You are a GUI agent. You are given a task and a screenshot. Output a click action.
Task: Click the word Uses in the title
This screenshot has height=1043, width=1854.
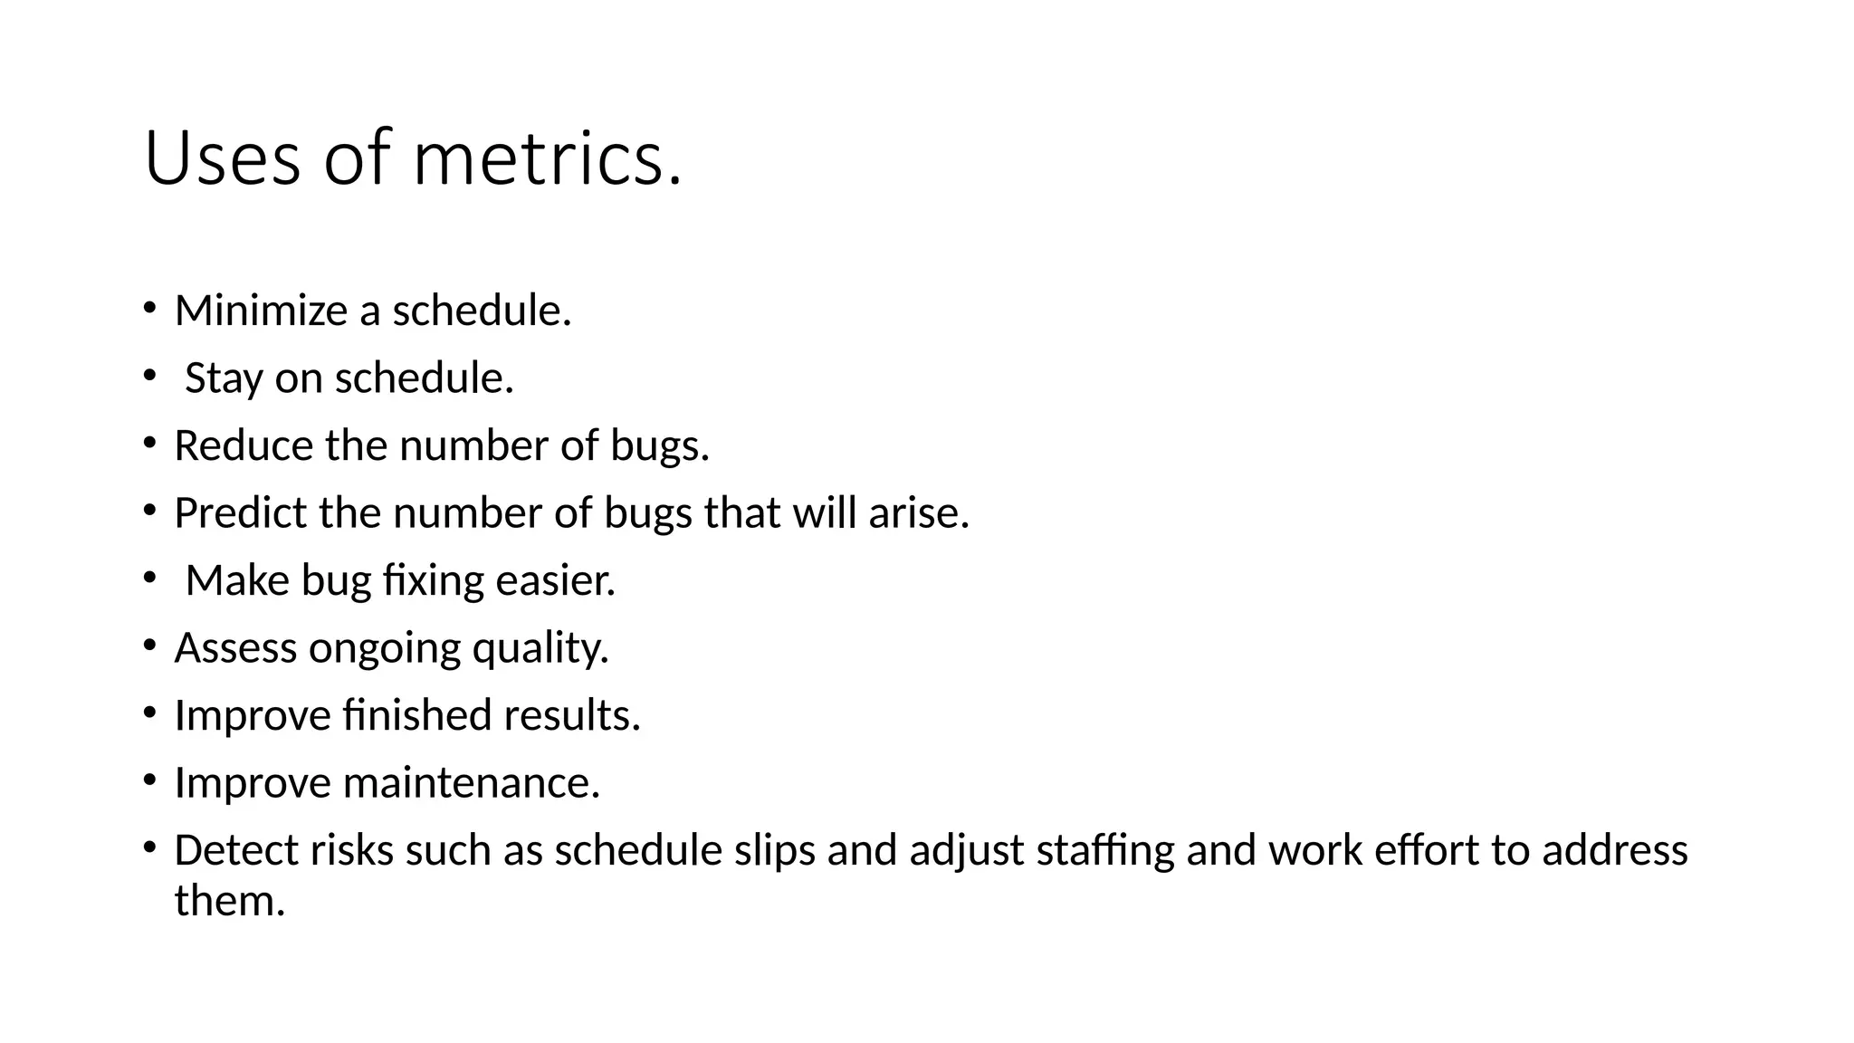(222, 158)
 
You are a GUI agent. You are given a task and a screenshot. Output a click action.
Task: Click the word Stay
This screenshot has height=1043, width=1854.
(224, 378)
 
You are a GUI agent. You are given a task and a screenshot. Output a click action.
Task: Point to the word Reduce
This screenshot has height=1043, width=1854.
(244, 445)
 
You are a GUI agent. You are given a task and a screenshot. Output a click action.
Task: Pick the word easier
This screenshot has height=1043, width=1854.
(555, 580)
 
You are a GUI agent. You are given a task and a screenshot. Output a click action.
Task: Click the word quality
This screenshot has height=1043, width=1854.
(540, 648)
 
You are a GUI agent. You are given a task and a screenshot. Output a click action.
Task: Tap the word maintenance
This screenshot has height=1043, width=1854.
(471, 783)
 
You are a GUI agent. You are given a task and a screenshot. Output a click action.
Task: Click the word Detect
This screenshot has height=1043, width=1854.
(236, 850)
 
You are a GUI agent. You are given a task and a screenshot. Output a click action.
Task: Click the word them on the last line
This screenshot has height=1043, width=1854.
(229, 901)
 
